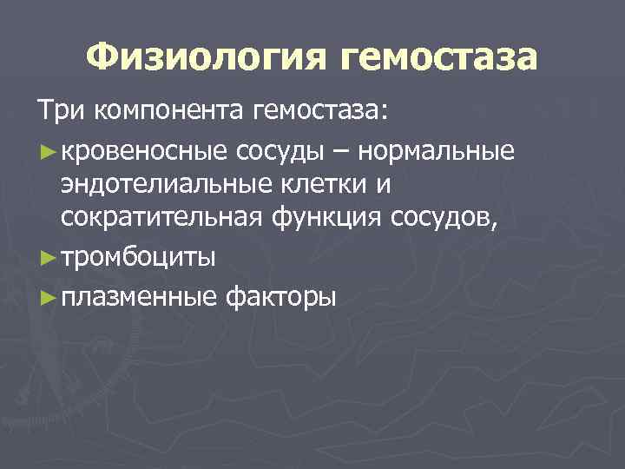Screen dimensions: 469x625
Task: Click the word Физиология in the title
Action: (x=207, y=59)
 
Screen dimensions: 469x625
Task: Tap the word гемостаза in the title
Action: (x=440, y=59)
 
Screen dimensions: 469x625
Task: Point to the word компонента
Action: (x=170, y=113)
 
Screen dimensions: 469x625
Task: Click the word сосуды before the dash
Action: (x=274, y=154)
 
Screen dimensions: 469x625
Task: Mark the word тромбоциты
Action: (x=139, y=258)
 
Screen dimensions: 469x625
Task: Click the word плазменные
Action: (x=139, y=298)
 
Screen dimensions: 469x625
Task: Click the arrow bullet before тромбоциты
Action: (x=48, y=258)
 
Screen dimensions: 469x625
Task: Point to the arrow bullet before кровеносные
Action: (x=48, y=154)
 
